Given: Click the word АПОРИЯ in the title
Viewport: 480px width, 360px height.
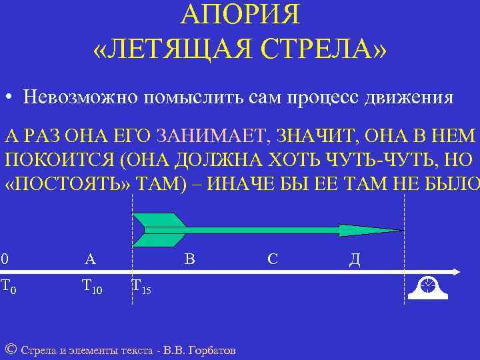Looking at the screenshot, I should pyautogui.click(x=240, y=13).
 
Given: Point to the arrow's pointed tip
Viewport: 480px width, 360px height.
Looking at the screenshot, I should pyautogui.click(x=401, y=231).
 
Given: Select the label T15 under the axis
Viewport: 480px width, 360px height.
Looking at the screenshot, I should pyautogui.click(x=141, y=287).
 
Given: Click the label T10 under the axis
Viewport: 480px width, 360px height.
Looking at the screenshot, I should pyautogui.click(x=91, y=287).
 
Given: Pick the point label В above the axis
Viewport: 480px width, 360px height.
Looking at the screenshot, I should pyautogui.click(x=189, y=259).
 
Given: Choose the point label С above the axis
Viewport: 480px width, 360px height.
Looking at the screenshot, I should pyautogui.click(x=272, y=259).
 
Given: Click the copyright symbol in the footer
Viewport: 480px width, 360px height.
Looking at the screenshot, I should pyautogui.click(x=10, y=349).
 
